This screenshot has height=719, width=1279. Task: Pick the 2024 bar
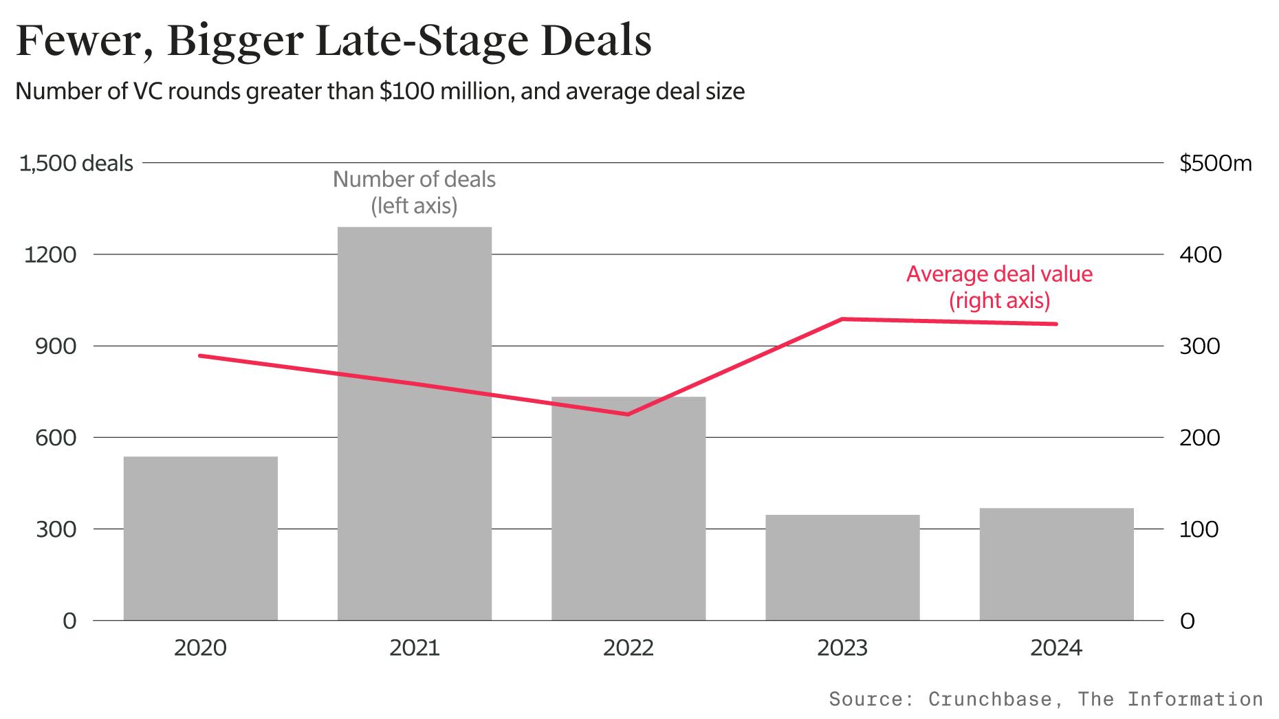[x=1056, y=564]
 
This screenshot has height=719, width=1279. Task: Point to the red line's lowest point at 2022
[x=628, y=414]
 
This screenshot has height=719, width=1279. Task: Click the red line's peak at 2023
[x=842, y=319]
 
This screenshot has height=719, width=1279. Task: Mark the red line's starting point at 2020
[x=199, y=355]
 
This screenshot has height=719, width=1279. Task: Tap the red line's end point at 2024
[x=1056, y=324]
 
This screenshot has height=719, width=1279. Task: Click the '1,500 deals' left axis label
[x=76, y=164]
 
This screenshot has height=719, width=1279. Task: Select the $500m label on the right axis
[x=1215, y=164]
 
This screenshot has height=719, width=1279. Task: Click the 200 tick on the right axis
[x=1199, y=438]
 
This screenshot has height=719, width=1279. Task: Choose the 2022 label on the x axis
[x=628, y=648]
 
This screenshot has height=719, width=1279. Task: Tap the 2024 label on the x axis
[x=1056, y=648]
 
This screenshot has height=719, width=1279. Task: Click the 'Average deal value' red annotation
[x=998, y=274]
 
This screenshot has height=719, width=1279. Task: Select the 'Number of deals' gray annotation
[x=414, y=180]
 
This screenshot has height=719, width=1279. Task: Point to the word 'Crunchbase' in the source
[x=990, y=700]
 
